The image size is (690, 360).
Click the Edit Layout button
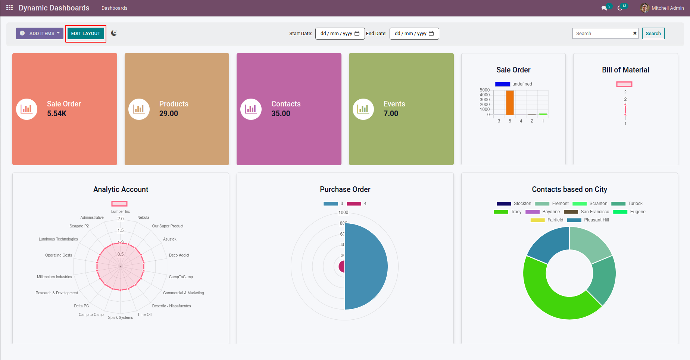[x=85, y=34]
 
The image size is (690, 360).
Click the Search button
[x=653, y=34]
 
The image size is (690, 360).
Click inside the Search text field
[x=602, y=34]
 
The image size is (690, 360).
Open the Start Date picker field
[x=340, y=34]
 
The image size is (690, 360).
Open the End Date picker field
[x=414, y=34]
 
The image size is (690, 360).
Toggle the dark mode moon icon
[x=114, y=33]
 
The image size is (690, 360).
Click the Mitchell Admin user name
[x=667, y=8]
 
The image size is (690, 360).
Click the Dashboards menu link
[x=114, y=8]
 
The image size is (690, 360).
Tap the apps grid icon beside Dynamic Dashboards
[x=10, y=8]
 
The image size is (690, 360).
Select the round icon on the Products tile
[x=139, y=109]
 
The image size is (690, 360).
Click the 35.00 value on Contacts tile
[x=281, y=114]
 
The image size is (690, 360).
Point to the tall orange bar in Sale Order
[x=510, y=103]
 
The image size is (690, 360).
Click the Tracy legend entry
[x=516, y=212]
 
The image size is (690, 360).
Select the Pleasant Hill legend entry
[x=596, y=220]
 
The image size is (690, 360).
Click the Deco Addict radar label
[x=179, y=255]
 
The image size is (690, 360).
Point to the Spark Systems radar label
[x=121, y=317]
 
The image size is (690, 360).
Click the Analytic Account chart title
[x=121, y=189]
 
